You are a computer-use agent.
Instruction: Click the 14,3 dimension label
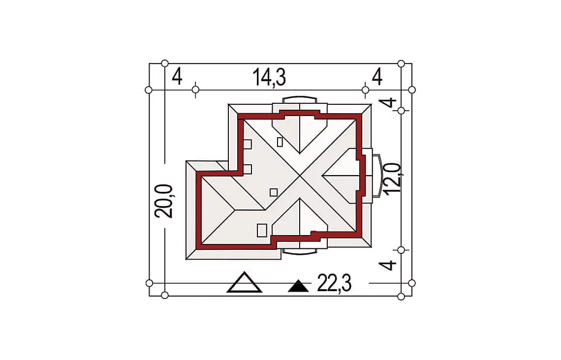point(269,78)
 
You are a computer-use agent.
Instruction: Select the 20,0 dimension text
point(163,201)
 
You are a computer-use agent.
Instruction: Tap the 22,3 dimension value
point(334,283)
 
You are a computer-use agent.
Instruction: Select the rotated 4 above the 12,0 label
point(388,103)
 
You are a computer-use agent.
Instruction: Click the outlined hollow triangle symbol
point(245,282)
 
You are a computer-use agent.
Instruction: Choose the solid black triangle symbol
point(298,286)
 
